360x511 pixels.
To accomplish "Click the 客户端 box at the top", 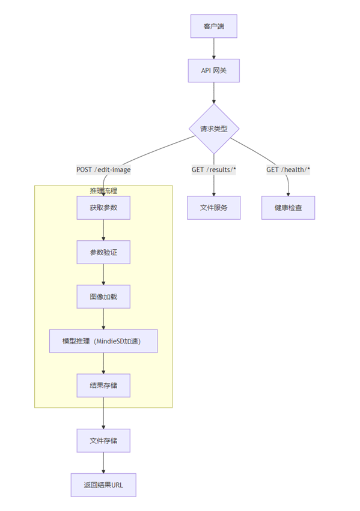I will (214, 26).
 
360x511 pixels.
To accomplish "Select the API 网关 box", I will (214, 71).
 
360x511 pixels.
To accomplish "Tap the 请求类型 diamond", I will (214, 129).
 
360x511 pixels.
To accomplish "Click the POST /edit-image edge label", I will (103, 170).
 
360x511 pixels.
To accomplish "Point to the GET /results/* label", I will (214, 170).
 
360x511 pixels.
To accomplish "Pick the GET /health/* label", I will (288, 170).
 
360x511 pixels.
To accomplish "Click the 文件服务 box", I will (214, 208).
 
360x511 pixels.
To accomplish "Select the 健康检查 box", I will (288, 208).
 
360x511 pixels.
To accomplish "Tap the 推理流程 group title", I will (103, 190).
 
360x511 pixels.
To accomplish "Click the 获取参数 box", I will (103, 208).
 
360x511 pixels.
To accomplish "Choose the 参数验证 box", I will (103, 252).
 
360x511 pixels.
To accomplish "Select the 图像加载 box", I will (103, 297).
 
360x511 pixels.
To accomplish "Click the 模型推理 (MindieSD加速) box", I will (103, 341).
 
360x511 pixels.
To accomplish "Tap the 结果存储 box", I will (103, 386).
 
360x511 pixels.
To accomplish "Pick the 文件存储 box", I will (103, 441).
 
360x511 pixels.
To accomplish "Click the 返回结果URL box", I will (103, 485).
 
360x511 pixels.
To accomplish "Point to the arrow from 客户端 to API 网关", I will (214, 49).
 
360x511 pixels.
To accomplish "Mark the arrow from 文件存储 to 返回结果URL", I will (103, 463).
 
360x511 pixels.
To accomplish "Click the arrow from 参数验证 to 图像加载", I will (103, 274).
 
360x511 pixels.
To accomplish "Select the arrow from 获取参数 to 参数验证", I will (103, 230).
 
